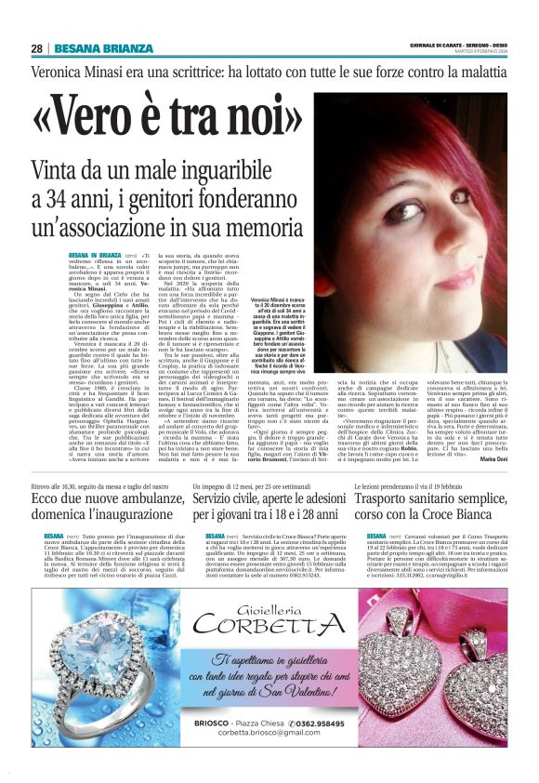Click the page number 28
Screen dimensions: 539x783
point(36,48)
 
